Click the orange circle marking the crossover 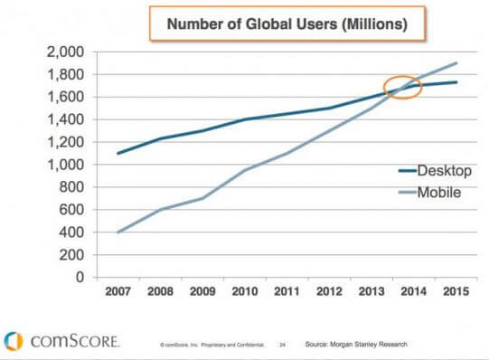pos(402,88)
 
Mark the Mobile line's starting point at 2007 pos(118,232)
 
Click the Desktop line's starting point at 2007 pos(118,153)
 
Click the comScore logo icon pos(14,340)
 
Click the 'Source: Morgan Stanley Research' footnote pos(358,345)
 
